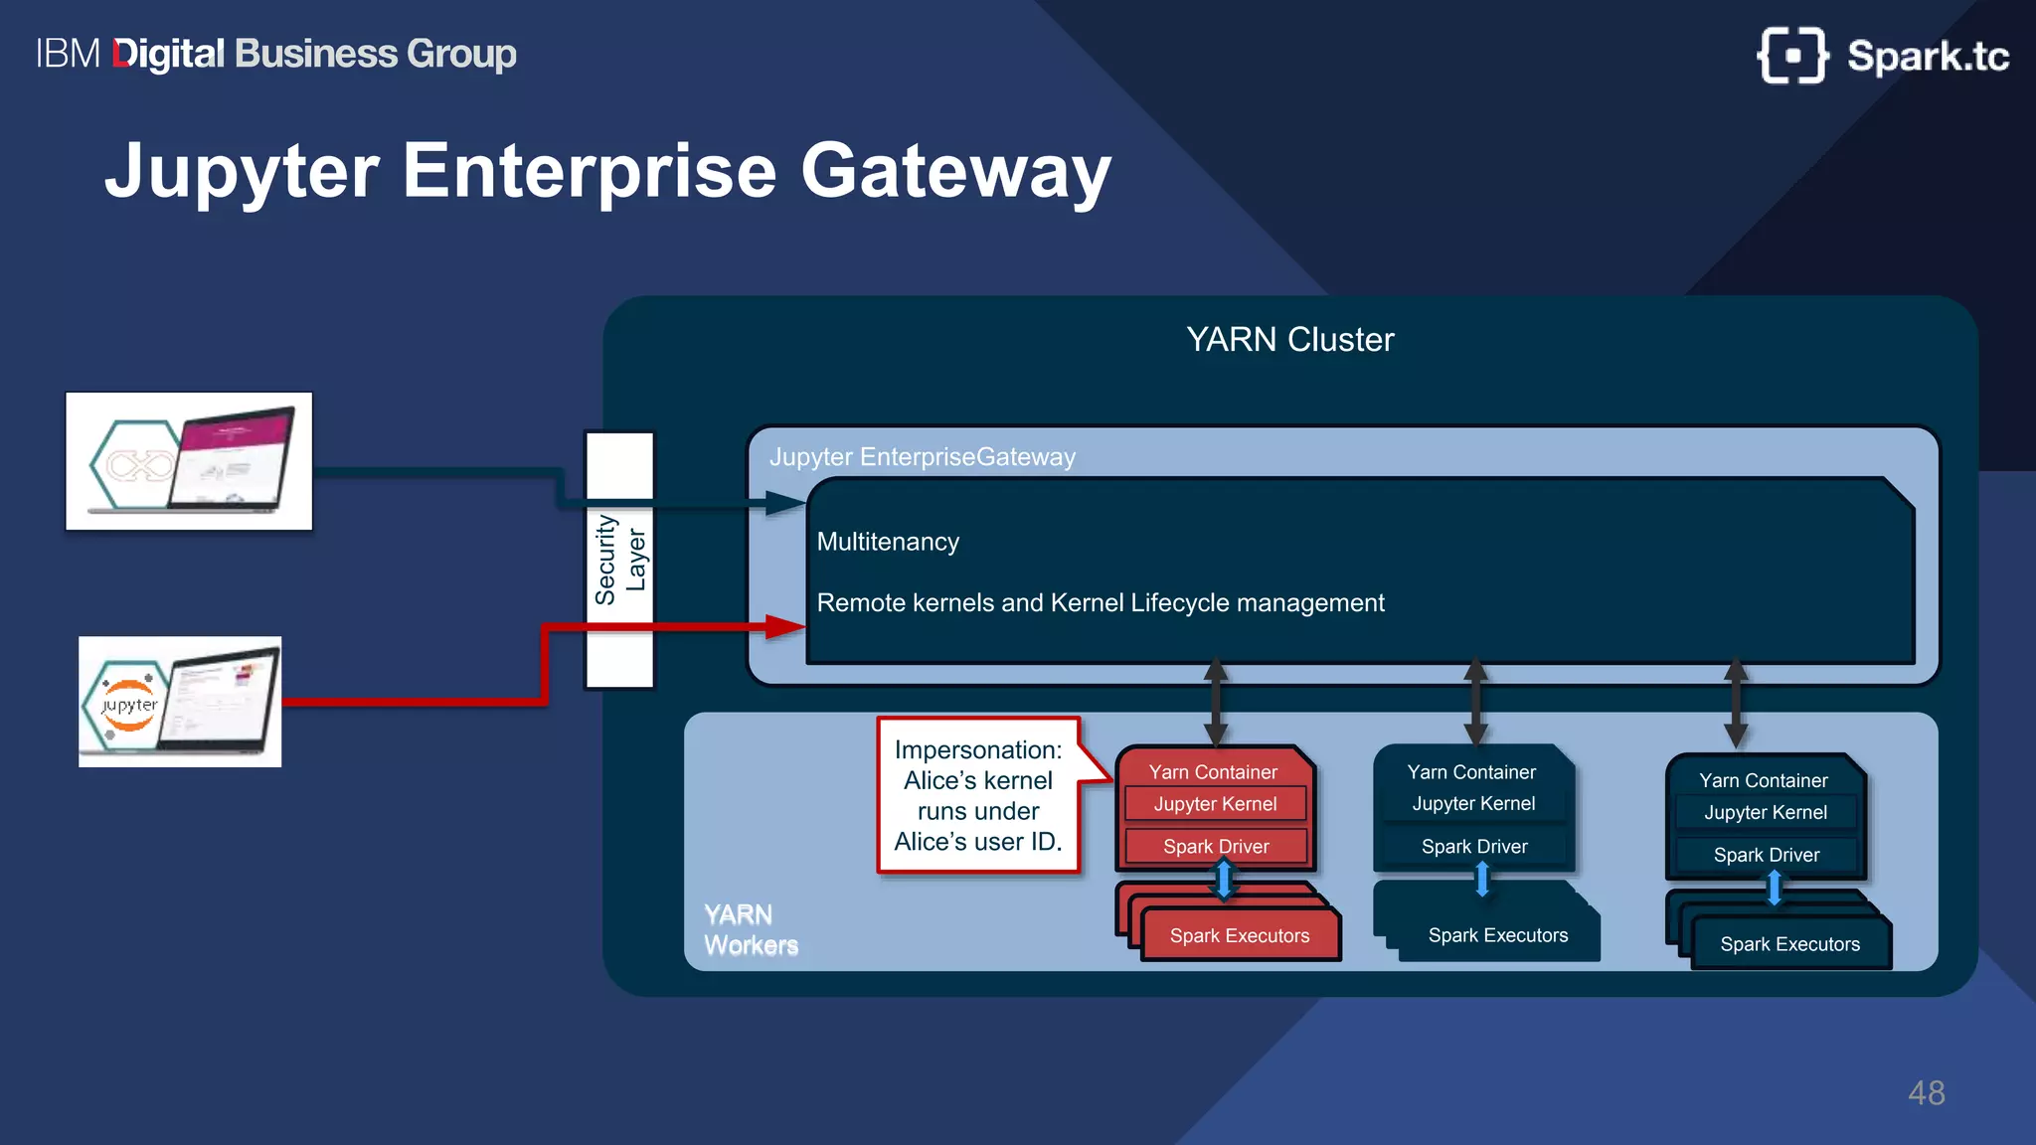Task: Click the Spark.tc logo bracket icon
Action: [1792, 56]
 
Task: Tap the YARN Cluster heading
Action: [1289, 340]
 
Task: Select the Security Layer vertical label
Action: [619, 560]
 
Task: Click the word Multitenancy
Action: [888, 542]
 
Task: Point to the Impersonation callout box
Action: [978, 795]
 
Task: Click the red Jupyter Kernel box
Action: [1215, 804]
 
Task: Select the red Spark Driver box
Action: [1215, 847]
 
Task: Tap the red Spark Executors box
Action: [1239, 936]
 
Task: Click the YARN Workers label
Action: [751, 930]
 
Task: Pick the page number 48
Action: [1926, 1093]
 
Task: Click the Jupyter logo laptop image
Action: [180, 702]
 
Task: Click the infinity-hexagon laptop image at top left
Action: [189, 461]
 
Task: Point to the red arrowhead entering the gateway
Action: [785, 627]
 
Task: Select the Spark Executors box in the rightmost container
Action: [1789, 944]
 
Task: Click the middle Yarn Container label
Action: [1471, 772]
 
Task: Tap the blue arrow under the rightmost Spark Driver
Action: [1774, 888]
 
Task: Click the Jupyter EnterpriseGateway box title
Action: [922, 457]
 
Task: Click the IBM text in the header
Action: [68, 54]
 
